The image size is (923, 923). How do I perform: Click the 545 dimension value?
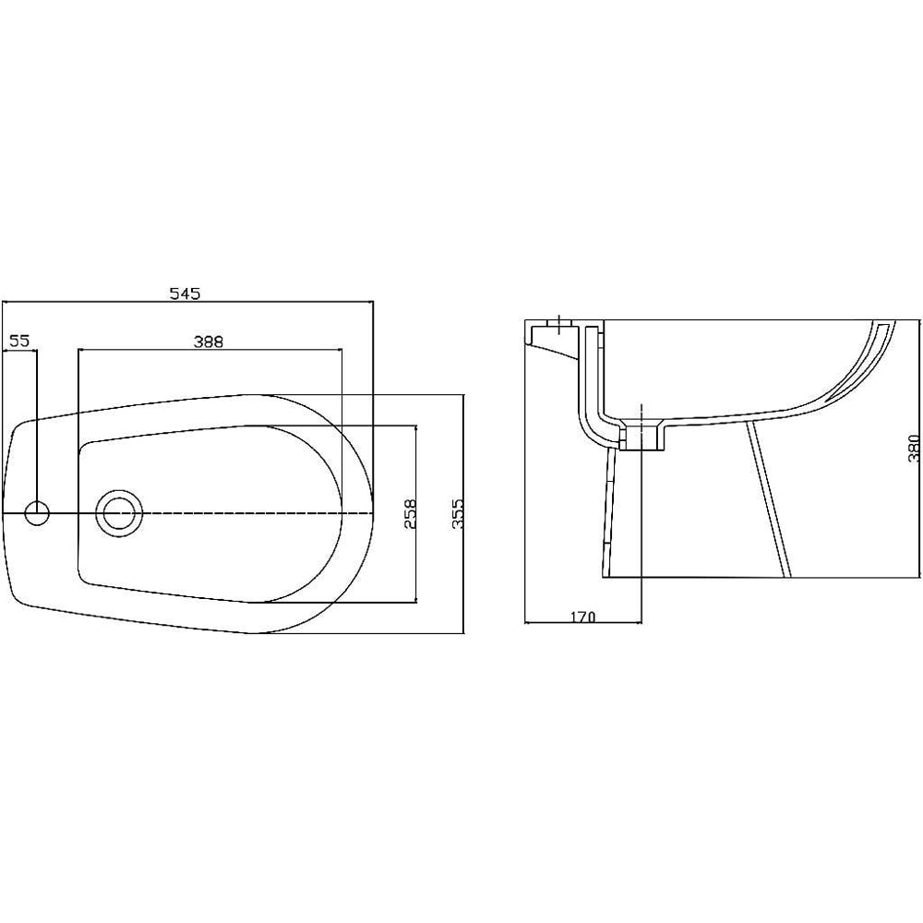(185, 294)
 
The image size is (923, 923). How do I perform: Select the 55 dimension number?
(20, 341)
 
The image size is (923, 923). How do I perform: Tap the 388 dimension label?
(209, 341)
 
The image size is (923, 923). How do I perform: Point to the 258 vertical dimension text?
(411, 513)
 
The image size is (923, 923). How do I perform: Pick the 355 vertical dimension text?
(456, 513)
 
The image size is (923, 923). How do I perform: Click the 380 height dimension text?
(913, 449)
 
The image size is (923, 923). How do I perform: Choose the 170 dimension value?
(582, 616)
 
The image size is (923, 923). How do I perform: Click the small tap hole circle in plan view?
(37, 512)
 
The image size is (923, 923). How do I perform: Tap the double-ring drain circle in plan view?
(118, 512)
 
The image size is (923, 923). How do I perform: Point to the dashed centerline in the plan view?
(258, 512)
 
